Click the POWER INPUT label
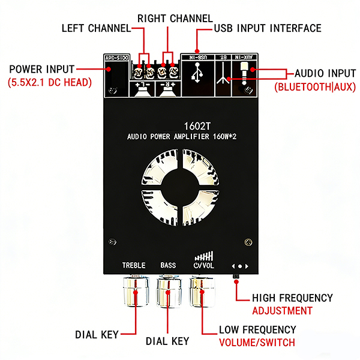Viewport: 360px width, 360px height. tap(42, 69)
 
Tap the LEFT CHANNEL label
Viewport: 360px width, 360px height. tap(96, 28)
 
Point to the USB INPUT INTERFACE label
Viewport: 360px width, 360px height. tap(268, 28)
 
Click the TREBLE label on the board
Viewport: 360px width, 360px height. tap(134, 265)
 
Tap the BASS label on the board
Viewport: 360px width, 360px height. tap(168, 265)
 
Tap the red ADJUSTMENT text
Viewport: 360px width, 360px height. tap(282, 311)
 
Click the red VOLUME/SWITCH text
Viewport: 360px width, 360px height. tap(257, 343)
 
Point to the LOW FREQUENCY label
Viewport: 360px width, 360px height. tap(257, 329)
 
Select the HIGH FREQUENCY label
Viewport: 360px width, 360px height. tap(292, 298)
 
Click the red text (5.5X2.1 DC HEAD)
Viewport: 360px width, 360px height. tap(50, 82)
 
